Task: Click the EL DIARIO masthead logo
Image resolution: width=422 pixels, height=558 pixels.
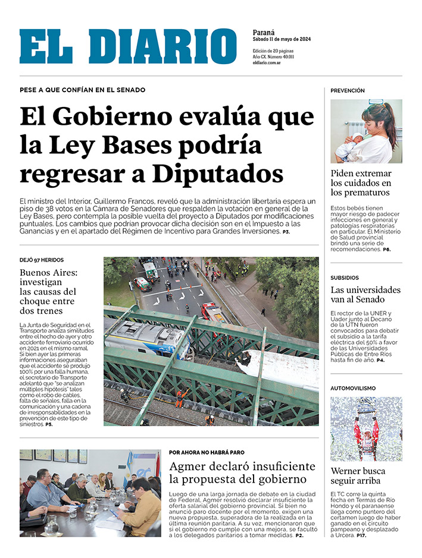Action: [127, 46]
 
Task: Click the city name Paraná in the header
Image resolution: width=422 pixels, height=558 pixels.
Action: [264, 32]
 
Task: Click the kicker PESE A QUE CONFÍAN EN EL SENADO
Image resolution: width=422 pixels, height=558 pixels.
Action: [82, 90]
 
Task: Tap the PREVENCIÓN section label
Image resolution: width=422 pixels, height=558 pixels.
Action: [348, 91]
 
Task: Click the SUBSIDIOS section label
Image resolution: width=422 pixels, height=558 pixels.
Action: [345, 278]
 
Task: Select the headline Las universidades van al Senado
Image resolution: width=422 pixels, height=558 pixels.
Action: [365, 295]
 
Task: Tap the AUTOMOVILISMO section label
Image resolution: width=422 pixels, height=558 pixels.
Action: [353, 388]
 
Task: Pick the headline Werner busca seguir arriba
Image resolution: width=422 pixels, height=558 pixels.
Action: [358, 476]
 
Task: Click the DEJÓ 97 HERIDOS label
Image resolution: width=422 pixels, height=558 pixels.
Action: [42, 260]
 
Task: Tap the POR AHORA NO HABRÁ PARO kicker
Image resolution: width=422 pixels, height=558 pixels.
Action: [207, 452]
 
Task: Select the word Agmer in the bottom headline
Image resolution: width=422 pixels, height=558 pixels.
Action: [187, 466]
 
